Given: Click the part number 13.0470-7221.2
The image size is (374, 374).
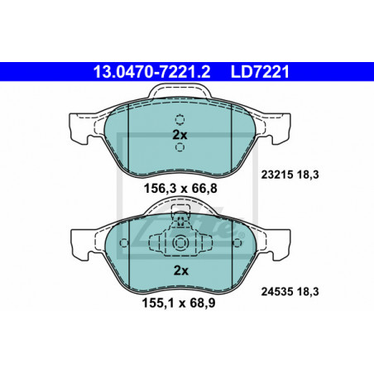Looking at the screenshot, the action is pyautogui.click(x=151, y=72).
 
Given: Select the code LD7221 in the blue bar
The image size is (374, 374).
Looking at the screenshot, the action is pyautogui.click(x=260, y=72).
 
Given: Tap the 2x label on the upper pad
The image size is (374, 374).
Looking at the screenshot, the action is pyautogui.click(x=180, y=135).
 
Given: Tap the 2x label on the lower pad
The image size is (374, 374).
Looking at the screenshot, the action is pyautogui.click(x=181, y=271).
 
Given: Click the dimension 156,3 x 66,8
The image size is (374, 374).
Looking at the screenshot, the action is pyautogui.click(x=180, y=189).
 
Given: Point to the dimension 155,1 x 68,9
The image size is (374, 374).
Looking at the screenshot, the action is pyautogui.click(x=179, y=303).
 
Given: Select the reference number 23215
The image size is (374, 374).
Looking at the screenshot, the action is pyautogui.click(x=277, y=175).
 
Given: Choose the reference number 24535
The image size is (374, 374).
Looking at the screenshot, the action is pyautogui.click(x=277, y=291).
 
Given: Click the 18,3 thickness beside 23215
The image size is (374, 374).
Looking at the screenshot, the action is pyautogui.click(x=308, y=175).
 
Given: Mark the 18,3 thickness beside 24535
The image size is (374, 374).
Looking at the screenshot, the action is pyautogui.click(x=308, y=292).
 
